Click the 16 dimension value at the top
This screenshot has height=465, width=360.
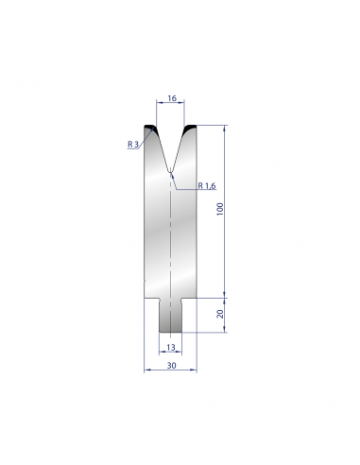(172, 98)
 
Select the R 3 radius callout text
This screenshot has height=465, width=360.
(133, 145)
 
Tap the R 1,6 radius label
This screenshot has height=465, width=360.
(207, 186)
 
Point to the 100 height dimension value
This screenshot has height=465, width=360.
(220, 209)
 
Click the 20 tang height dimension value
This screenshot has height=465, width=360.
(220, 314)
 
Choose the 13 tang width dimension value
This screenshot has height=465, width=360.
(171, 347)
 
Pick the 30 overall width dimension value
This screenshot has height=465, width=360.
(171, 365)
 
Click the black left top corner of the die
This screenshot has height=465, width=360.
(150, 127)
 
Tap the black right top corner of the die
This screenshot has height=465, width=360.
(191, 127)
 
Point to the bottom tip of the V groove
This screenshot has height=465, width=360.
(170, 172)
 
